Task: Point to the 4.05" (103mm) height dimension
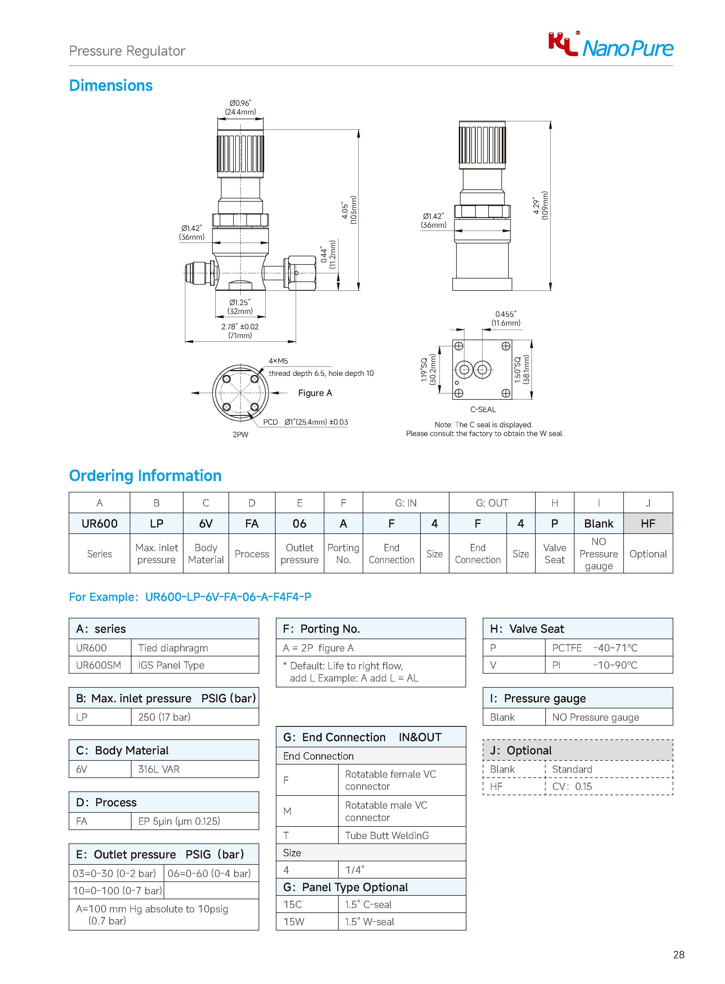[349, 210]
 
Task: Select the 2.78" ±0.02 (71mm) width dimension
[240, 331]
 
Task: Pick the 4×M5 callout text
[278, 361]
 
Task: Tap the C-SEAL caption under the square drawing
[483, 409]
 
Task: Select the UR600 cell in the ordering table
[100, 524]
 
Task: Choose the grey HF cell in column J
[648, 524]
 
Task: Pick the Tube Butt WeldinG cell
[387, 835]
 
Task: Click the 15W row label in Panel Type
[294, 922]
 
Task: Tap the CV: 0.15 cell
[572, 786]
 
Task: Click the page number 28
[679, 954]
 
